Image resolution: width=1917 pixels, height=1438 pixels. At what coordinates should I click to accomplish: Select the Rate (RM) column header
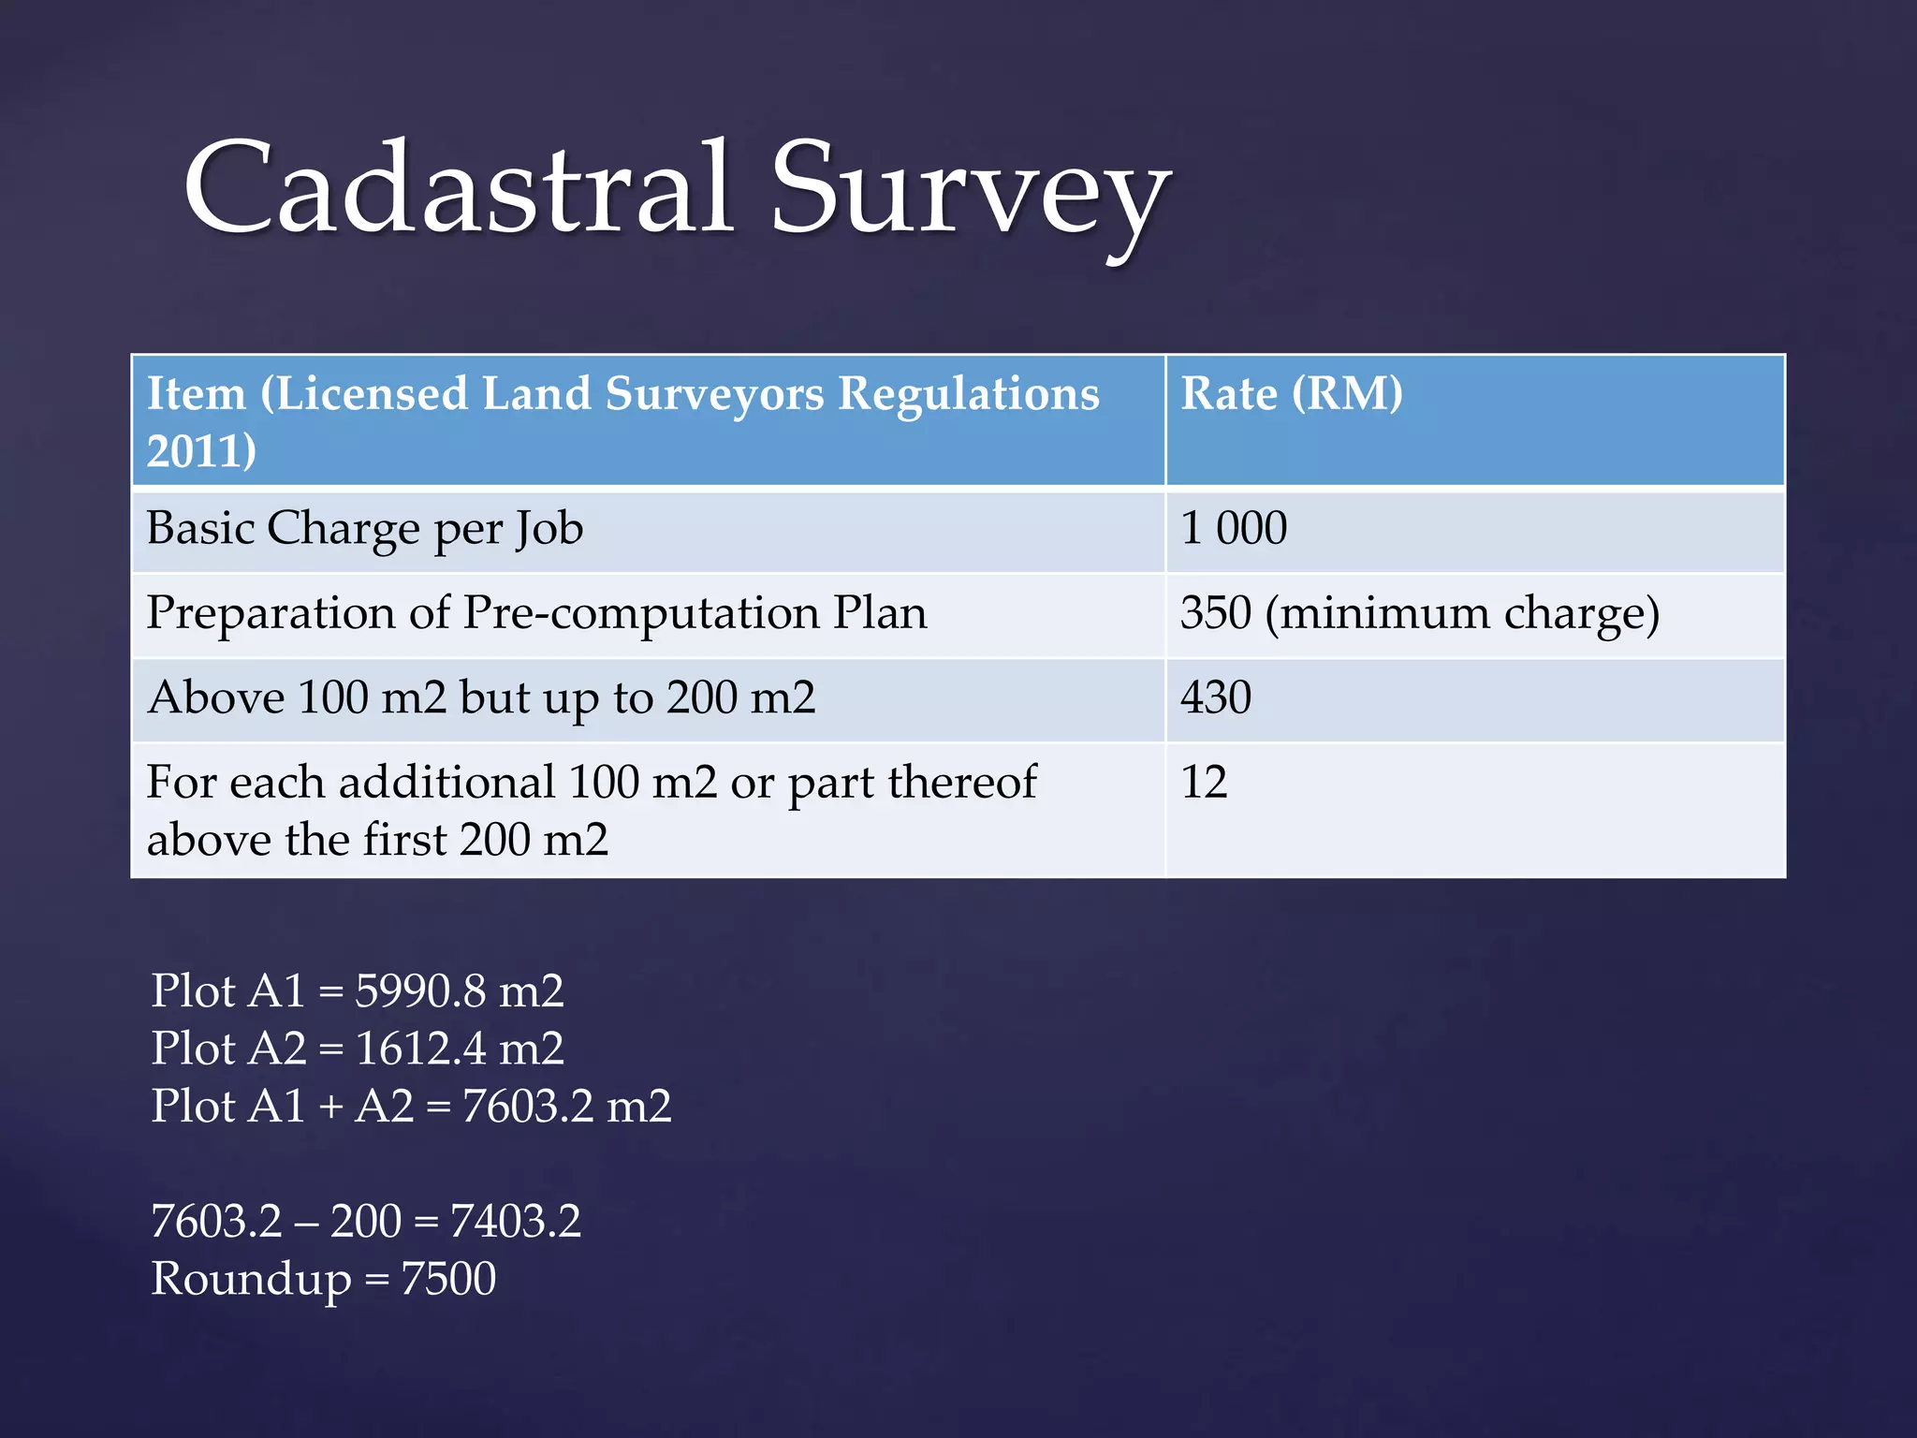point(1291,394)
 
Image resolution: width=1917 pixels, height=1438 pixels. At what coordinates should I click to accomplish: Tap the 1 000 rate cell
point(1233,529)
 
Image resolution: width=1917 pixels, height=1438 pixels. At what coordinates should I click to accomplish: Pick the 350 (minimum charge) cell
point(1419,614)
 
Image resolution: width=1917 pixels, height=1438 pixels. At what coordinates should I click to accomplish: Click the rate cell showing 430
point(1215,698)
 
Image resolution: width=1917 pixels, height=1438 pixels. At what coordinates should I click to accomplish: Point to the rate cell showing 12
point(1204,783)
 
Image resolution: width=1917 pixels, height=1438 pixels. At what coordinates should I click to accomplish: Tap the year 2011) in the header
point(201,451)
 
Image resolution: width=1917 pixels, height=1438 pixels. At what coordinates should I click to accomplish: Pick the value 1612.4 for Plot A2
point(420,1049)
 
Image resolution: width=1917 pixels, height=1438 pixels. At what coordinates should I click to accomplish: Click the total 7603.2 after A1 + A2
point(528,1107)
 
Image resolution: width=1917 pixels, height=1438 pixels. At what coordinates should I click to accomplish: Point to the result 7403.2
point(515,1222)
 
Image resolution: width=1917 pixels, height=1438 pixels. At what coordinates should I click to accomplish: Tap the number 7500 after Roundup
point(448,1280)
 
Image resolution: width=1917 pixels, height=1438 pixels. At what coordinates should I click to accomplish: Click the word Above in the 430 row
point(216,698)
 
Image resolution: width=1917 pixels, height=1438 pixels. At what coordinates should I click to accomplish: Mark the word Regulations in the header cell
point(968,394)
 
